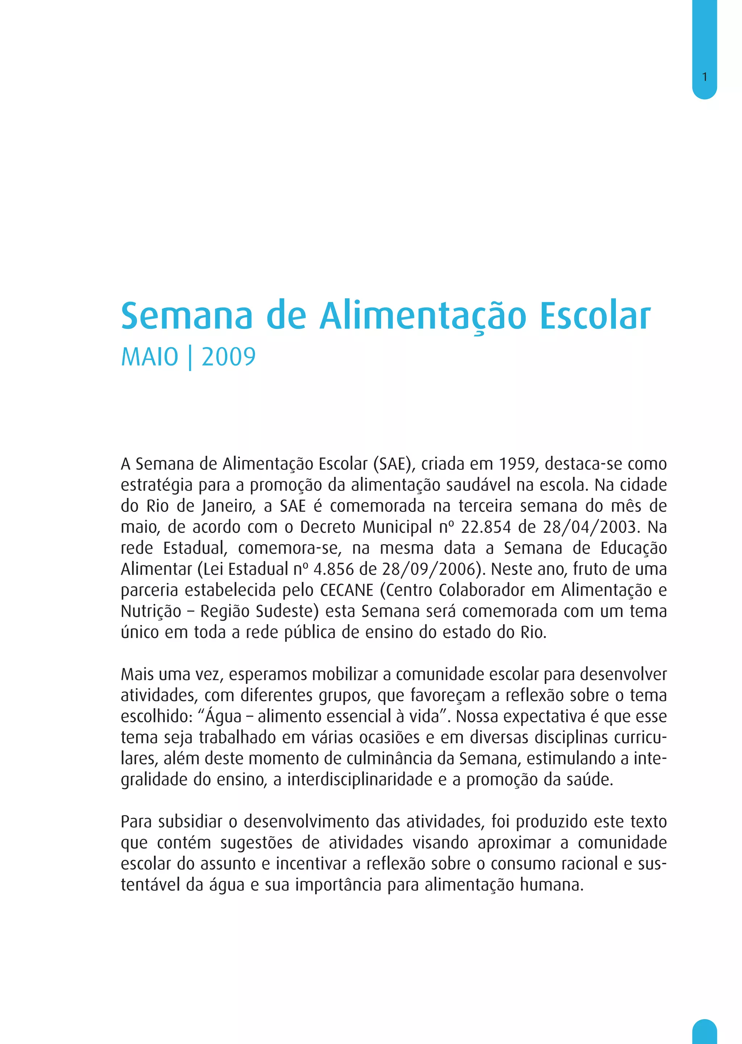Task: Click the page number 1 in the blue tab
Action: coord(705,77)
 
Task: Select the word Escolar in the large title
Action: coord(595,316)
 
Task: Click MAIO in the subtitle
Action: coord(149,357)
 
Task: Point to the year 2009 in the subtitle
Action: coord(229,357)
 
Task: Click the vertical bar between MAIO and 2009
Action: coord(189,358)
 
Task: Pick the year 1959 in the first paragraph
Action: coord(517,464)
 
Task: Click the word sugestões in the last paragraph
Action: coord(256,843)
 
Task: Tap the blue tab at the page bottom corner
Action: coord(705,1033)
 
